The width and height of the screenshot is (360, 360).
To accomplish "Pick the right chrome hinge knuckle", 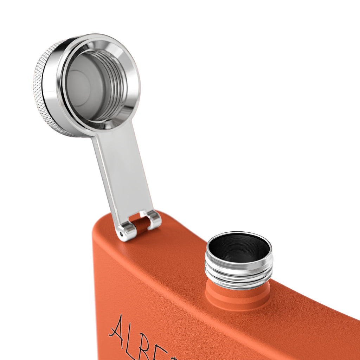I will point(154,219).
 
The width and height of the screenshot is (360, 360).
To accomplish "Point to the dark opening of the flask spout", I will point(239,248).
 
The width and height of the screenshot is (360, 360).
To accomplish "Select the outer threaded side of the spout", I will point(239,274).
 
